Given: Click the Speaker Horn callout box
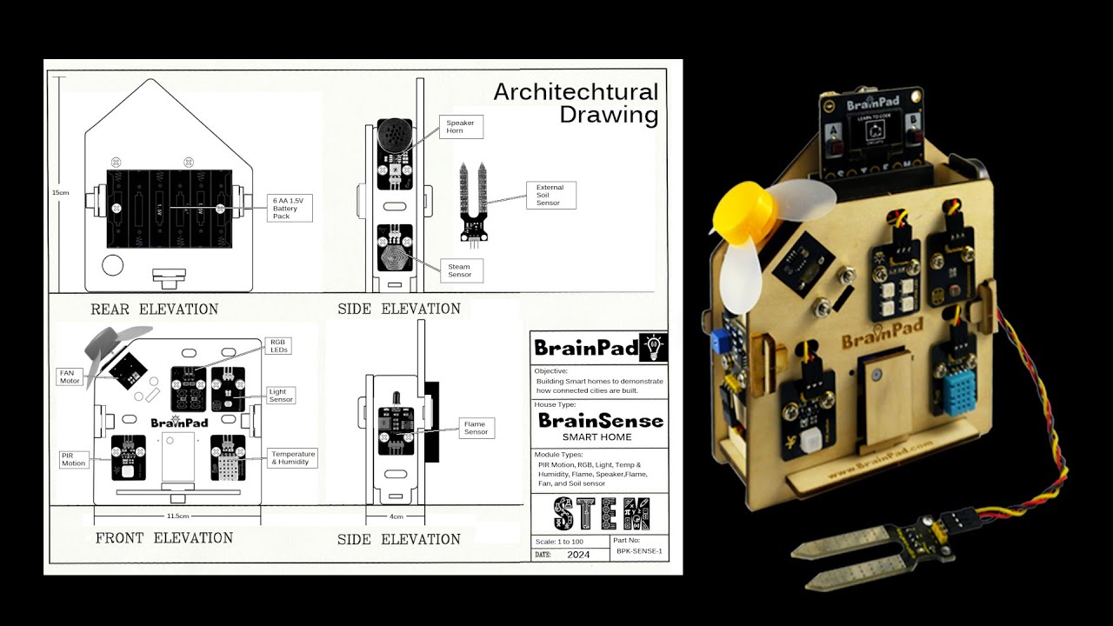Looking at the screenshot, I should (x=461, y=127).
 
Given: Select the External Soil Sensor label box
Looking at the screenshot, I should (x=550, y=195).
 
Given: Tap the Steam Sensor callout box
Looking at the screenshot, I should (x=459, y=270).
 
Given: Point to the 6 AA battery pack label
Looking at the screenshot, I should (x=290, y=208).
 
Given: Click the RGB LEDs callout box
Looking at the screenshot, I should (x=278, y=346).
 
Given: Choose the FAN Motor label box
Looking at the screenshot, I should (x=70, y=376).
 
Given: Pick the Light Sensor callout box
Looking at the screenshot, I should (x=281, y=396).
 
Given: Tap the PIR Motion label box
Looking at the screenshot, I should (x=73, y=459).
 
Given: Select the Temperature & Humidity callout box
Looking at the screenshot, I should (x=292, y=458).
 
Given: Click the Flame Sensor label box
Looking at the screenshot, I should (x=476, y=428).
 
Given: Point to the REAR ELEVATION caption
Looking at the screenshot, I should (x=154, y=309).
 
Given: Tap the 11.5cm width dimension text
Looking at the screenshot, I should (x=178, y=516).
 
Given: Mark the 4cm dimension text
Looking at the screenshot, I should (x=397, y=516).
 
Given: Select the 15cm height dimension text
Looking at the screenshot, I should (x=60, y=192).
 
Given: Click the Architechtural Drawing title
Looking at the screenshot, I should (x=576, y=103).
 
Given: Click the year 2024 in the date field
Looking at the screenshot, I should (x=577, y=554).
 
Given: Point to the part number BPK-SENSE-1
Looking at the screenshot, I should (x=639, y=551).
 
